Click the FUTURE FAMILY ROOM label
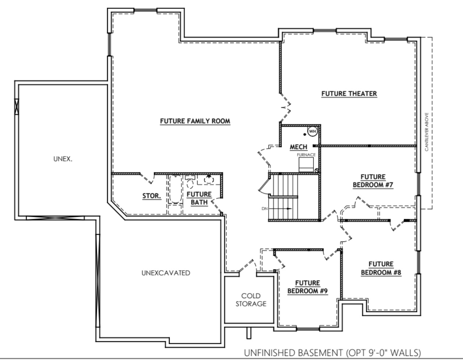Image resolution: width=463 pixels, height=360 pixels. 195,121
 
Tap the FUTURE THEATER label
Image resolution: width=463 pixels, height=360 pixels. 349,93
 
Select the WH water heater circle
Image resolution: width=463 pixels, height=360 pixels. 312,131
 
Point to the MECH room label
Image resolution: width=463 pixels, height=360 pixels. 298,147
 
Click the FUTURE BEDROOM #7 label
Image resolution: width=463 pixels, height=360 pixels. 373,181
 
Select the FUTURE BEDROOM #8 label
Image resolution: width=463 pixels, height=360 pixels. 381,268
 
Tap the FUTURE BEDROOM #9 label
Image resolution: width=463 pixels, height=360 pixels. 307,287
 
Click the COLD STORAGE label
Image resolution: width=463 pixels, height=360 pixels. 251,300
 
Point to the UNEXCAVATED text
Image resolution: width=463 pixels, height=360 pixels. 166,273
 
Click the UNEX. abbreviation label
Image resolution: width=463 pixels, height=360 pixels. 63,159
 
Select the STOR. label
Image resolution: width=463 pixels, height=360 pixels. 152,196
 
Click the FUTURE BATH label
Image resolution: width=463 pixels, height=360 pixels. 199,198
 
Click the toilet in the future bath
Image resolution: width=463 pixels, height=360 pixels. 190,183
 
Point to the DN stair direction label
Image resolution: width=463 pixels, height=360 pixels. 264,209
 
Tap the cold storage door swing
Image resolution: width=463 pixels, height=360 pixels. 248,267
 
